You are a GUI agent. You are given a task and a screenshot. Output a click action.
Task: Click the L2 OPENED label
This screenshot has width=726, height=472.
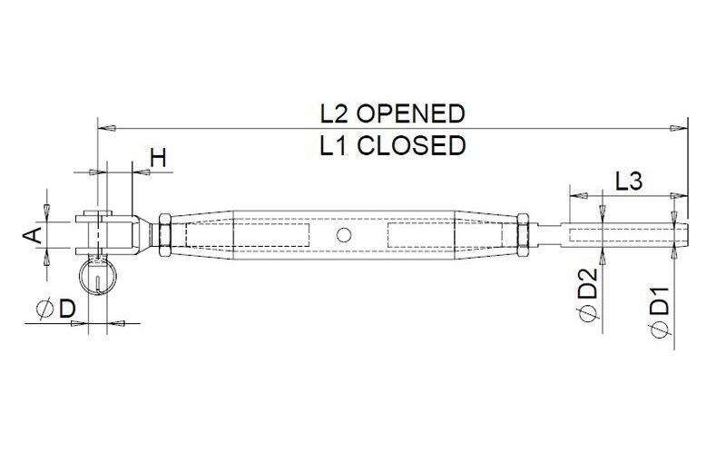(392, 113)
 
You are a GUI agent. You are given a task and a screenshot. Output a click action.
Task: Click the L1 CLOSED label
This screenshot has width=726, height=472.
(392, 145)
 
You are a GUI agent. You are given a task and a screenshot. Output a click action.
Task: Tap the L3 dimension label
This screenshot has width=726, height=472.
(629, 182)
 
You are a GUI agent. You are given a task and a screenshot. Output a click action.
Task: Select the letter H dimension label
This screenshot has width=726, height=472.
(158, 159)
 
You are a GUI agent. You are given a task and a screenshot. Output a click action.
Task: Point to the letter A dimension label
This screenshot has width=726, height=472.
(32, 235)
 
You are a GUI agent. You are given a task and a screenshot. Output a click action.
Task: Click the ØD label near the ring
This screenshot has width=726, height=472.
(55, 309)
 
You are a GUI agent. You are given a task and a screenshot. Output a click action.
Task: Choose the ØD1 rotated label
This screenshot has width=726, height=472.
(660, 312)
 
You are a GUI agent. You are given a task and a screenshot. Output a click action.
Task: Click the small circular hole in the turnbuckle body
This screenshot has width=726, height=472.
(344, 235)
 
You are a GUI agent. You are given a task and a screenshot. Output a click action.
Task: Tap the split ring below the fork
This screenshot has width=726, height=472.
(97, 275)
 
